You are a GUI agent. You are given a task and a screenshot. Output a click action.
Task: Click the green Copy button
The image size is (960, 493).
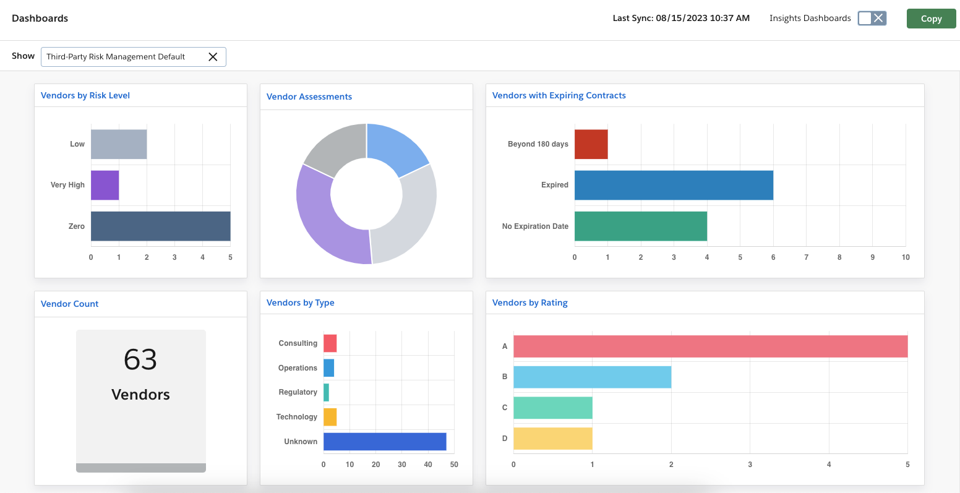coord(931,19)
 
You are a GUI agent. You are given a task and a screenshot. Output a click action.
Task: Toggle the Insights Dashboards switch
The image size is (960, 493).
coord(872,18)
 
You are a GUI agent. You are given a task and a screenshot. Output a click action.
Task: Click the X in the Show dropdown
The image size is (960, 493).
coord(213,57)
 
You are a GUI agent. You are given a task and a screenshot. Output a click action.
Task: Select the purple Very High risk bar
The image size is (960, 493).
coord(105,185)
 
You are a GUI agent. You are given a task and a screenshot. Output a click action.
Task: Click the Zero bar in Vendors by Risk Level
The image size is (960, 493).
coord(160,226)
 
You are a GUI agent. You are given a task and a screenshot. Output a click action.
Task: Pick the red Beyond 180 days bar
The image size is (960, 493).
coord(591,144)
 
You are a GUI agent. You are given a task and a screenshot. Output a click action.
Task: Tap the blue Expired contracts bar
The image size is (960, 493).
coord(674,185)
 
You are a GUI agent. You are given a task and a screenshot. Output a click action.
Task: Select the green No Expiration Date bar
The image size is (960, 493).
coord(640,226)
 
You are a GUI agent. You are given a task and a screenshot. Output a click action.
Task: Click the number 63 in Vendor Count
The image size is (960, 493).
coord(140,359)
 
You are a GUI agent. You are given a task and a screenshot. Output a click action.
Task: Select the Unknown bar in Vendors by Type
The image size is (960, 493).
coord(385,442)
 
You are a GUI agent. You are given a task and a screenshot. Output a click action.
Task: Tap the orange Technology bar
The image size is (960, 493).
coord(330,417)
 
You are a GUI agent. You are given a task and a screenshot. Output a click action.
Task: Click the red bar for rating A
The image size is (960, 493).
coord(710,346)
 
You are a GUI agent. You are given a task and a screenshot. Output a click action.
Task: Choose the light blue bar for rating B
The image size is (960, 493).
coord(592,377)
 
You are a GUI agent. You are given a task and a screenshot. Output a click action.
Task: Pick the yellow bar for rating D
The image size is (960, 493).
coord(552,439)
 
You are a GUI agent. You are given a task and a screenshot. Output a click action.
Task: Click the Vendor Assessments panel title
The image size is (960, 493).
coord(309,96)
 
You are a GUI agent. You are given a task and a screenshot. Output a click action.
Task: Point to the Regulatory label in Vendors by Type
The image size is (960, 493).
coord(298,392)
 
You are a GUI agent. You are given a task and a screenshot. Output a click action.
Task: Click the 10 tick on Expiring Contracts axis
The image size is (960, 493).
coord(906,257)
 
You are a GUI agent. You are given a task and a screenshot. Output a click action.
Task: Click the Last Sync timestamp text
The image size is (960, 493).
coord(681,19)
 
